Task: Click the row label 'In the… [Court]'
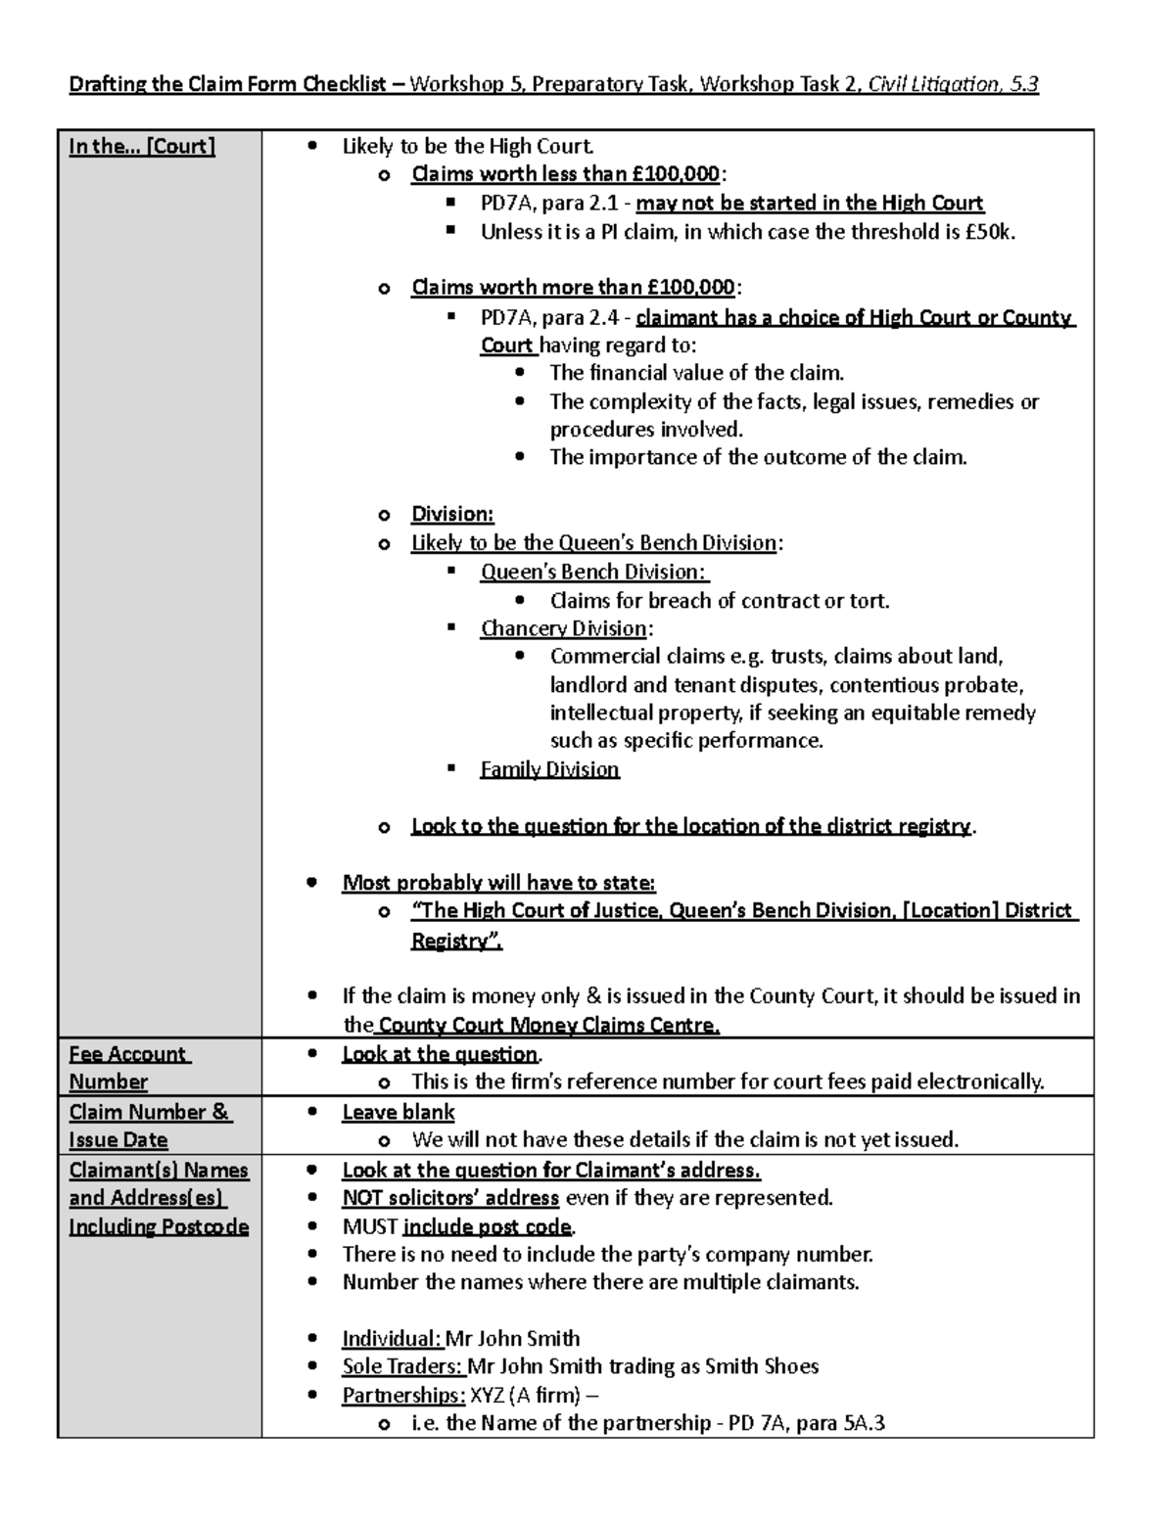[142, 147]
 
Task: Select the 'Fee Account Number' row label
[128, 1068]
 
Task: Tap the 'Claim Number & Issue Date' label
[149, 1126]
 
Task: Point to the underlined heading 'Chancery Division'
[563, 628]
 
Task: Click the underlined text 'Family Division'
[549, 769]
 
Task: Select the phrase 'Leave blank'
[398, 1112]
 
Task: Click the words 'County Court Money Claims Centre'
[548, 1026]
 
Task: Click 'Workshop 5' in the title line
[466, 84]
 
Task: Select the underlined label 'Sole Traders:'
[401, 1366]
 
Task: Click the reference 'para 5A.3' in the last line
[840, 1423]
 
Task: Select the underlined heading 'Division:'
[452, 514]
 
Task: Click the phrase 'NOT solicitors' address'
[450, 1198]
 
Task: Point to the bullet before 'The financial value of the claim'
[519, 373]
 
